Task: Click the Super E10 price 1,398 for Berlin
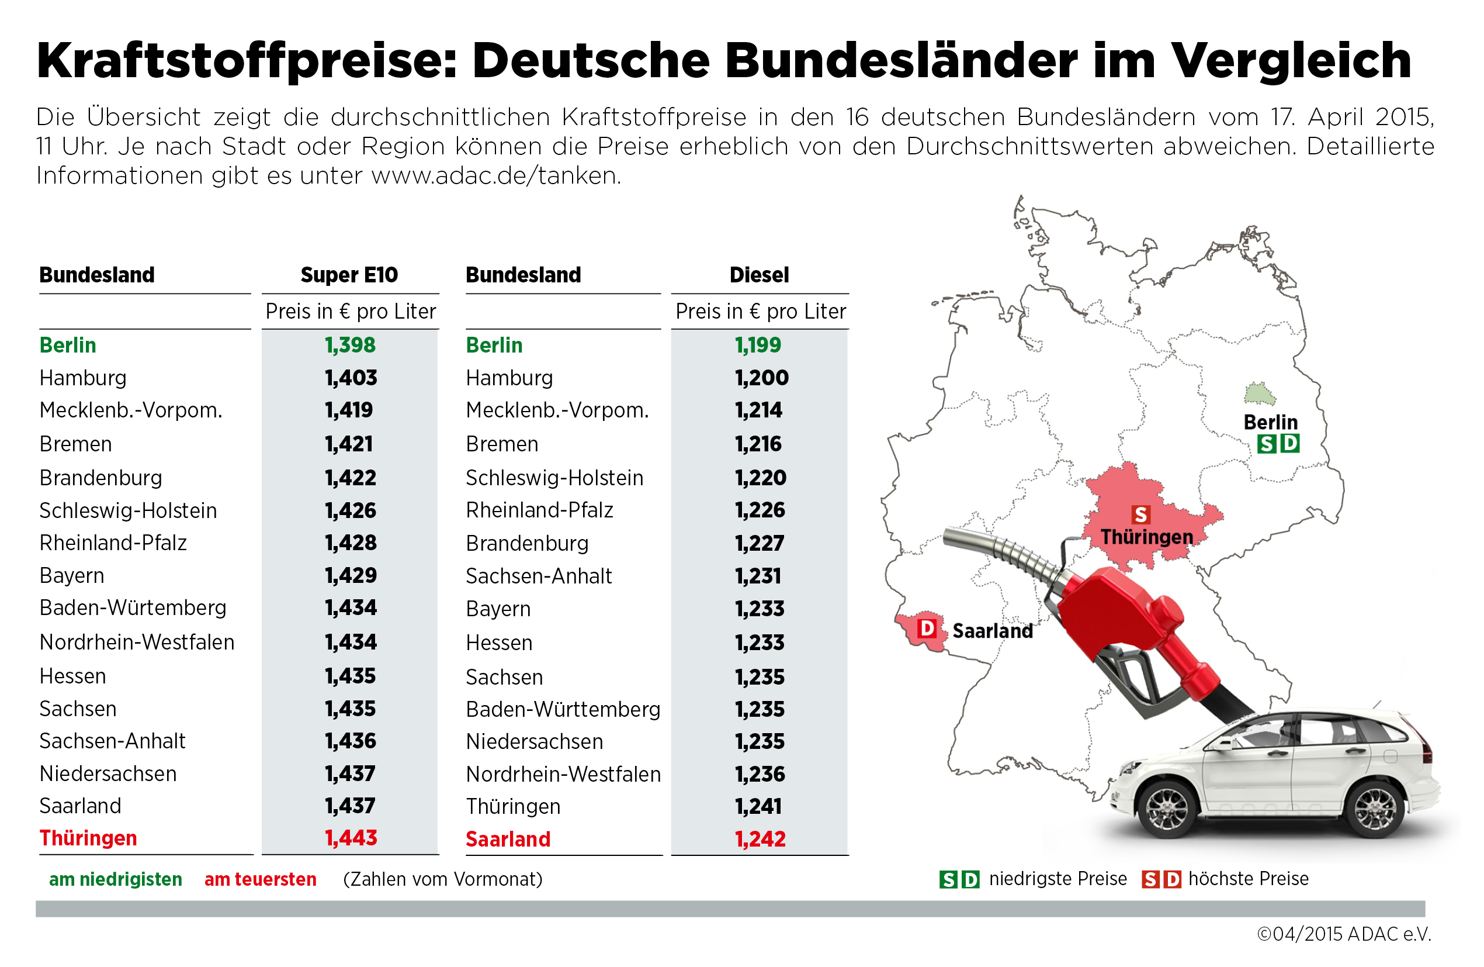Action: coord(350,345)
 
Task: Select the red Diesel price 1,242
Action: coord(760,839)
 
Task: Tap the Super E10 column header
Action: coord(349,275)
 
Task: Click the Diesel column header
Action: coord(759,275)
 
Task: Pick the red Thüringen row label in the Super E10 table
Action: coord(88,838)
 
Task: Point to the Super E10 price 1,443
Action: coord(351,838)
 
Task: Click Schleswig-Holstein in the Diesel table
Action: coord(554,478)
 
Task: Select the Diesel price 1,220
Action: coord(760,478)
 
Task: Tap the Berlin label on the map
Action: coord(1270,422)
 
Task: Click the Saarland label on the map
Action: coord(992,631)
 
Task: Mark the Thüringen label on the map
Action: coord(1147,537)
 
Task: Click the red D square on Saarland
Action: coord(927,628)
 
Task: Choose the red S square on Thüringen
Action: coord(1140,514)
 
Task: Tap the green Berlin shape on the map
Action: coord(1259,394)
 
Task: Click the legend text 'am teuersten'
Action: coord(261,879)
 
